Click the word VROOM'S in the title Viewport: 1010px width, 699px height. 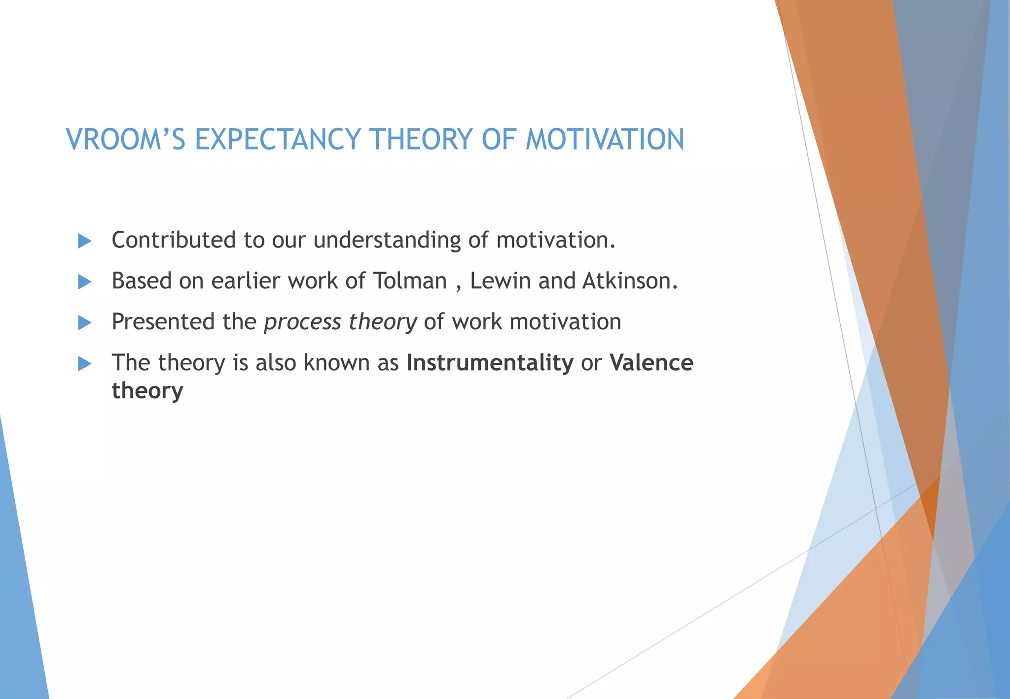pyautogui.click(x=126, y=139)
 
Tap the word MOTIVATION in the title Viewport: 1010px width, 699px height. pyautogui.click(x=605, y=139)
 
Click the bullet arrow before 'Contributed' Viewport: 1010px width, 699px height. pyautogui.click(x=85, y=241)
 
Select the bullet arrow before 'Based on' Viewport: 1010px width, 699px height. pyautogui.click(x=85, y=282)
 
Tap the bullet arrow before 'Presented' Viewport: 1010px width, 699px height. pyautogui.click(x=85, y=323)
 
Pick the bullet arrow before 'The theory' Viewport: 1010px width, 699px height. pyautogui.click(x=85, y=364)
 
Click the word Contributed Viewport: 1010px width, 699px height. pyautogui.click(x=174, y=240)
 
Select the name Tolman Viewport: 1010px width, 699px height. pyautogui.click(x=409, y=281)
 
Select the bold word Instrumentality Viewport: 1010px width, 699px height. pyautogui.click(x=490, y=363)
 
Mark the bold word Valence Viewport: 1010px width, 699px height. pyautogui.click(x=651, y=363)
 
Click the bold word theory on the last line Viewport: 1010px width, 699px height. pyautogui.click(x=147, y=391)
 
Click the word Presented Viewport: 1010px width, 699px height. pyautogui.click(x=161, y=322)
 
